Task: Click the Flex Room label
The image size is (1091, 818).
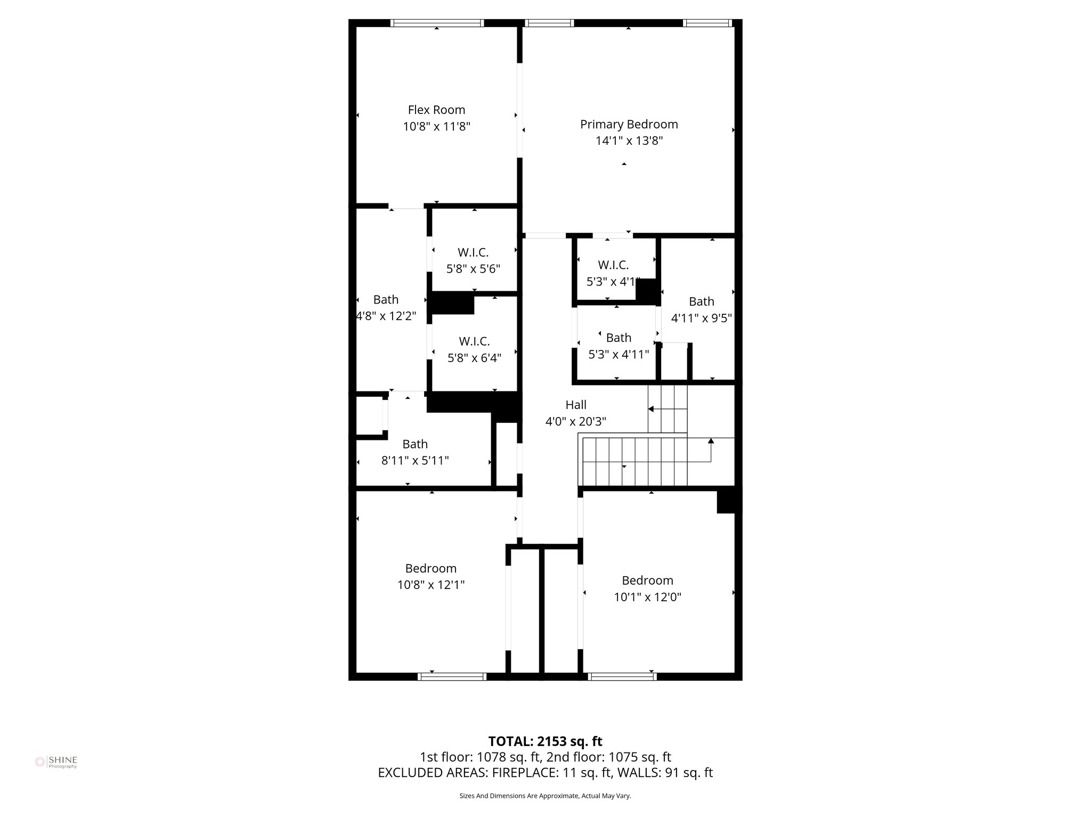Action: (436, 110)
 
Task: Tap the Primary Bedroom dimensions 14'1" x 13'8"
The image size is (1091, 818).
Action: (629, 141)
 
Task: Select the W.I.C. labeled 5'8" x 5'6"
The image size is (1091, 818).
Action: (473, 260)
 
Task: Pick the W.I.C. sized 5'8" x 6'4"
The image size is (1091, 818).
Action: (474, 349)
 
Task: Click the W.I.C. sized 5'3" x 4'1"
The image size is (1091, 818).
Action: (613, 273)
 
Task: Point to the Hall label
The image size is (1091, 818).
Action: (575, 405)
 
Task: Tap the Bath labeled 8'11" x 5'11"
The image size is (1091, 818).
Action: (415, 452)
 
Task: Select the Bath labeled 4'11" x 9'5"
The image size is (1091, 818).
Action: (701, 310)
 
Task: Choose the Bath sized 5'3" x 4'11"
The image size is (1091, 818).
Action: (618, 346)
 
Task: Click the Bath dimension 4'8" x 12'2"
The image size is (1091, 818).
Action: (386, 316)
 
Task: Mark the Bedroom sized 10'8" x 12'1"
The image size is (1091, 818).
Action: (430, 576)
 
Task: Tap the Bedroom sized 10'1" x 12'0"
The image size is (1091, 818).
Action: (647, 588)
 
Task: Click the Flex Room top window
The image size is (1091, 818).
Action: (437, 23)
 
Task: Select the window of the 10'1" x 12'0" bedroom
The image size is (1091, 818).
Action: (622, 676)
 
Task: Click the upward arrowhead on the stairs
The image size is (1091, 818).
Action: (711, 440)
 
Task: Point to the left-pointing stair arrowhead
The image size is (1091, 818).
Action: (651, 409)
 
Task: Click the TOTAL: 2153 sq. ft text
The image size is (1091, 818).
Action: (545, 741)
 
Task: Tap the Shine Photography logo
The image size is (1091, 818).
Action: (56, 762)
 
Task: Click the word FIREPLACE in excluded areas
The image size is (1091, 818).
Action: (525, 773)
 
